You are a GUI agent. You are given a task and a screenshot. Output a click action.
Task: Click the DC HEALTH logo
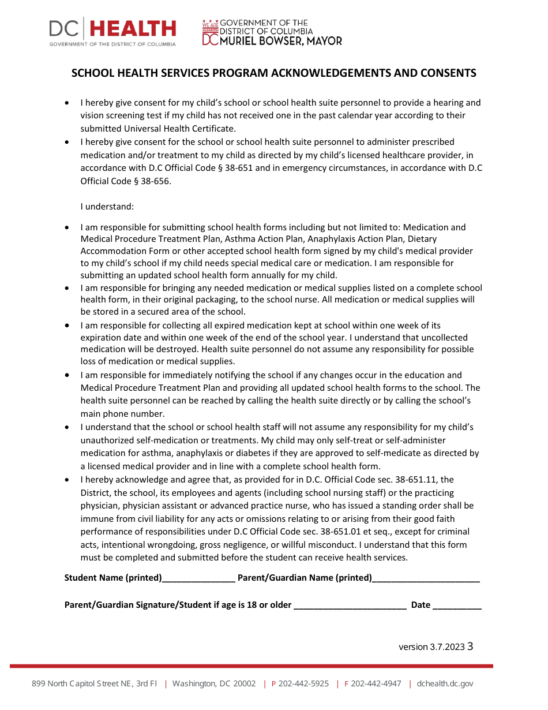(112, 31)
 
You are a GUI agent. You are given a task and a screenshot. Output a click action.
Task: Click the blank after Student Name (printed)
(198, 578)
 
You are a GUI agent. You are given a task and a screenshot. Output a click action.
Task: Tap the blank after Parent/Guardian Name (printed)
(426, 578)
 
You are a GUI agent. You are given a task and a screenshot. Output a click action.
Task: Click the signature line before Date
(350, 605)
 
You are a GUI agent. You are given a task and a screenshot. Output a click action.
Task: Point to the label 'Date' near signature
(421, 605)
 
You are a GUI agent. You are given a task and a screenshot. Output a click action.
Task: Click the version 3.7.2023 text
(431, 647)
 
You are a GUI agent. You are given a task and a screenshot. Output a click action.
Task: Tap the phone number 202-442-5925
(303, 684)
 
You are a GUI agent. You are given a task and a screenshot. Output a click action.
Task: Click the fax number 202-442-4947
(376, 684)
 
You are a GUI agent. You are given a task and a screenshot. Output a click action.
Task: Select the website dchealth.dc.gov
(445, 684)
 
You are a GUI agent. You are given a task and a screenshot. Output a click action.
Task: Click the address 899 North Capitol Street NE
(94, 684)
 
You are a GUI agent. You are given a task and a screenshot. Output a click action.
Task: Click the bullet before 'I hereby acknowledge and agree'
(67, 480)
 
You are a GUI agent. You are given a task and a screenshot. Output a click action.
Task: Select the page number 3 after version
(470, 647)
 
